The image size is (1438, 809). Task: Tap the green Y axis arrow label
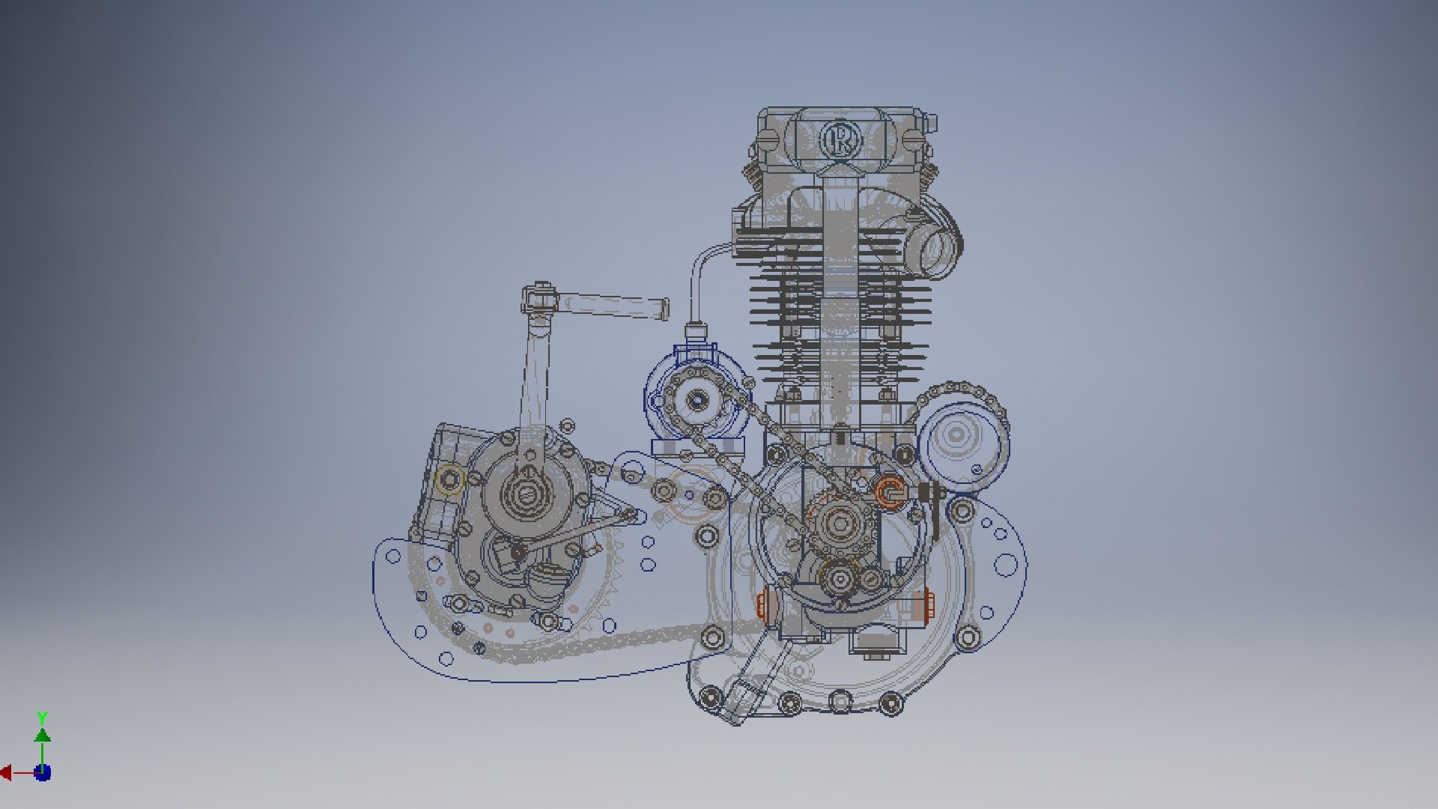(43, 718)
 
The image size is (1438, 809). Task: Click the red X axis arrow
(6, 772)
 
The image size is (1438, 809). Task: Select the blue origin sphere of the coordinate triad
(43, 772)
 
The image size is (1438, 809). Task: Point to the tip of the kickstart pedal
(664, 309)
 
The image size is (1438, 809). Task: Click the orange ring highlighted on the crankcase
(890, 492)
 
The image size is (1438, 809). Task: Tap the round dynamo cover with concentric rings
(956, 434)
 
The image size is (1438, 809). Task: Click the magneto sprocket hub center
(697, 401)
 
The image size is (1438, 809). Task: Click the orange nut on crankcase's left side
(764, 605)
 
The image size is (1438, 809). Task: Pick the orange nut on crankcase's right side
(929, 605)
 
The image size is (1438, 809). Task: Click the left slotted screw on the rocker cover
(768, 139)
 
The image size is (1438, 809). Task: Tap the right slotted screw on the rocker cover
(912, 139)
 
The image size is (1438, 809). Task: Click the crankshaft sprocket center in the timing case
(840, 524)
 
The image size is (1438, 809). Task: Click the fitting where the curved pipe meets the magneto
(697, 330)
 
